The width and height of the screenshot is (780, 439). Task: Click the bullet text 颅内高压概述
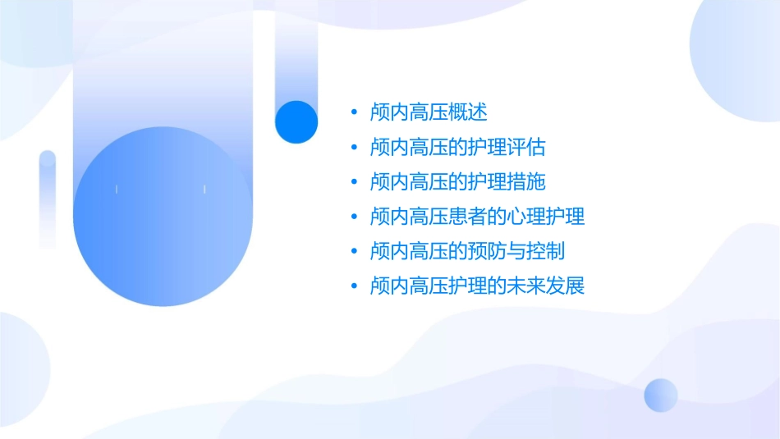pos(429,112)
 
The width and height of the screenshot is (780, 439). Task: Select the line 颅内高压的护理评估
pos(458,148)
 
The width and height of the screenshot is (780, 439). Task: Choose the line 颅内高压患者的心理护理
pos(478,217)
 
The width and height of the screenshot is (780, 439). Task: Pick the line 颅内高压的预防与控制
pos(468,251)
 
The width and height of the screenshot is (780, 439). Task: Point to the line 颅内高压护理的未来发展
pos(478,286)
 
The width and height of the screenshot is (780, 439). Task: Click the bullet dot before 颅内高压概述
pos(354,113)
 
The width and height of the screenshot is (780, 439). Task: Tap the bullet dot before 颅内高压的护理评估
pos(354,149)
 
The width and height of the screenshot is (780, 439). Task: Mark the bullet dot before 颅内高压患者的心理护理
pos(354,217)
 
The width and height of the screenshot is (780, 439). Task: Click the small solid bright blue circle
pos(296,121)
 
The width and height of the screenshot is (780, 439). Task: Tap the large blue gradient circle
pos(162,217)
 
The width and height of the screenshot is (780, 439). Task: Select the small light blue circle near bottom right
pos(661,395)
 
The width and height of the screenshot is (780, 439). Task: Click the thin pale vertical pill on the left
pos(48,199)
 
